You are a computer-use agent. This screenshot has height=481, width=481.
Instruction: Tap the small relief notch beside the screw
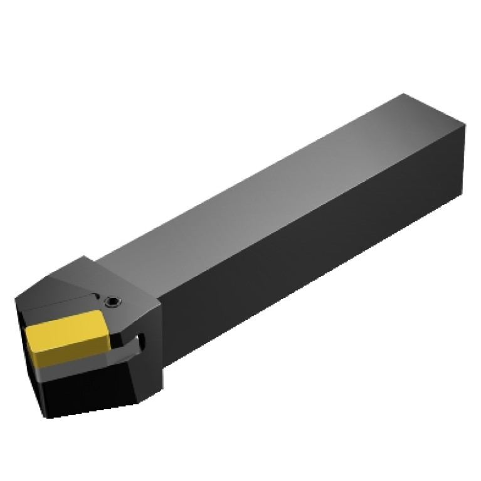click(x=95, y=296)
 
